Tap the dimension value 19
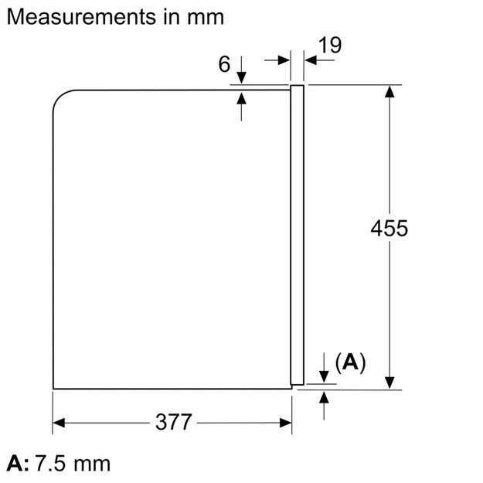[329, 46]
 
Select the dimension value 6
[224, 65]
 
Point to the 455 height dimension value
[388, 229]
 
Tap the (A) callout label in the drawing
[350, 362]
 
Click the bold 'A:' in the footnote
[19, 464]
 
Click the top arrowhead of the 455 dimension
[391, 91]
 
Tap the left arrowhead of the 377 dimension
[59, 423]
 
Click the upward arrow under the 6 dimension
[242, 99]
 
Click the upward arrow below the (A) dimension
[324, 397]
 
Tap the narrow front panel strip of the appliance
[296, 232]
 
